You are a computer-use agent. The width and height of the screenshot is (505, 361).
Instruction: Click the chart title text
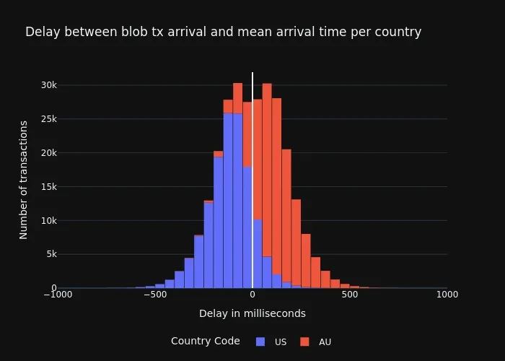pyautogui.click(x=223, y=32)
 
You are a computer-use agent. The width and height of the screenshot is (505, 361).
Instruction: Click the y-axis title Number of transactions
pyautogui.click(x=24, y=180)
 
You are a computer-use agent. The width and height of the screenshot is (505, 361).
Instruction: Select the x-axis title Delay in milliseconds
pyautogui.click(x=252, y=313)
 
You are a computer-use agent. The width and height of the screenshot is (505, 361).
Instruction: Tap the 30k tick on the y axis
pyautogui.click(x=48, y=85)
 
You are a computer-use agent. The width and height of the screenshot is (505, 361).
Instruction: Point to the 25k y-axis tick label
pyautogui.click(x=48, y=119)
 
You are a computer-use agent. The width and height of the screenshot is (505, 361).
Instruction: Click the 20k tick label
pyautogui.click(x=48, y=153)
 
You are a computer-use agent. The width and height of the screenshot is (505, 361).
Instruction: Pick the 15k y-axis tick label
pyautogui.click(x=48, y=187)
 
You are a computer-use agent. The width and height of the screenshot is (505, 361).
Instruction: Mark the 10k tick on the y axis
pyautogui.click(x=48, y=221)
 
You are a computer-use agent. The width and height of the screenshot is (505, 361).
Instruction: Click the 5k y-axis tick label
pyautogui.click(x=51, y=254)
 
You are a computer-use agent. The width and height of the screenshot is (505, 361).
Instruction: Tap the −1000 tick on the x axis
pyautogui.click(x=57, y=294)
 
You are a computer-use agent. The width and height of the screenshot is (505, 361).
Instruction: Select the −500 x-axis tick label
pyautogui.click(x=154, y=294)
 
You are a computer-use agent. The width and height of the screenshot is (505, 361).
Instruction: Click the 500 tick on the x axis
pyautogui.click(x=350, y=294)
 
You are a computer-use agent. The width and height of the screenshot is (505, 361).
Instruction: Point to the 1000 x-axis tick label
pyautogui.click(x=447, y=294)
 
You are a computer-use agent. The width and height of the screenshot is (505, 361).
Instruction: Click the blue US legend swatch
pyautogui.click(x=260, y=342)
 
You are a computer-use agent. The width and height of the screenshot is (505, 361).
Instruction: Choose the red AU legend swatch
pyautogui.click(x=304, y=342)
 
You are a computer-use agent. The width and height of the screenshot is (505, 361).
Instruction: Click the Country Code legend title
pyautogui.click(x=205, y=341)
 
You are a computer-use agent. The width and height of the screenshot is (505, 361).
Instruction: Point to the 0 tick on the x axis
pyautogui.click(x=252, y=294)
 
